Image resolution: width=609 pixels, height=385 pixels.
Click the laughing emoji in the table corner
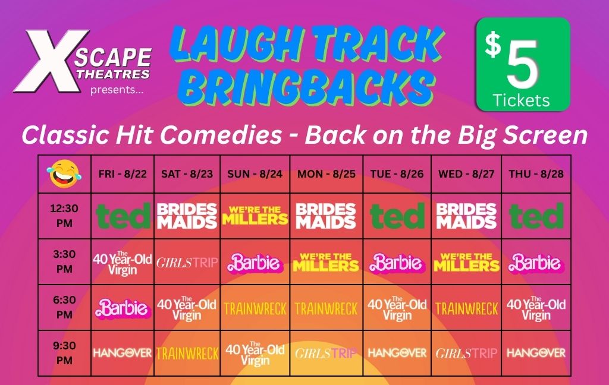coord(64,173)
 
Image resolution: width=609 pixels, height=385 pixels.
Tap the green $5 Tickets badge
coord(523,64)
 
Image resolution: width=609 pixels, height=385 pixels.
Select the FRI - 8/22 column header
coord(123,173)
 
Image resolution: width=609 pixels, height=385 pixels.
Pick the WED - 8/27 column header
coord(466,173)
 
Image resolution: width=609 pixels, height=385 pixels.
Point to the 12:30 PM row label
coord(64,216)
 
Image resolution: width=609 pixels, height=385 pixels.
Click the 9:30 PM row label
coord(64,353)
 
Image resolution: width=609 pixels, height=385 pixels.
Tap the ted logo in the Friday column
coord(123,216)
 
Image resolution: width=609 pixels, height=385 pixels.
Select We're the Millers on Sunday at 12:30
coord(255,216)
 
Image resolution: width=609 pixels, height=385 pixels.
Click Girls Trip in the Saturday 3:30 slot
coord(187,263)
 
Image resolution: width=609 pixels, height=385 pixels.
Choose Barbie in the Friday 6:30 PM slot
coord(123,308)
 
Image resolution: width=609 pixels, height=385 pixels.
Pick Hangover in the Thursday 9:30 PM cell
coord(536,353)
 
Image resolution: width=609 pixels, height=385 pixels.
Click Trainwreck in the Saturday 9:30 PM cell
coord(187,354)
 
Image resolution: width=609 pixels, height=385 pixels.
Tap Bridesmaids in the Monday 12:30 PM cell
coord(325,216)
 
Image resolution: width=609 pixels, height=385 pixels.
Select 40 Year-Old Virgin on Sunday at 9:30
coord(255,354)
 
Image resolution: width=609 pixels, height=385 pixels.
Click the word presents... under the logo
coord(117,90)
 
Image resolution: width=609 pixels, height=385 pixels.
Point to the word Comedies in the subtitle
coord(221,135)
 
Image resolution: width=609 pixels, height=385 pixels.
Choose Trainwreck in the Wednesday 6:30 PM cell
coord(466,308)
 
